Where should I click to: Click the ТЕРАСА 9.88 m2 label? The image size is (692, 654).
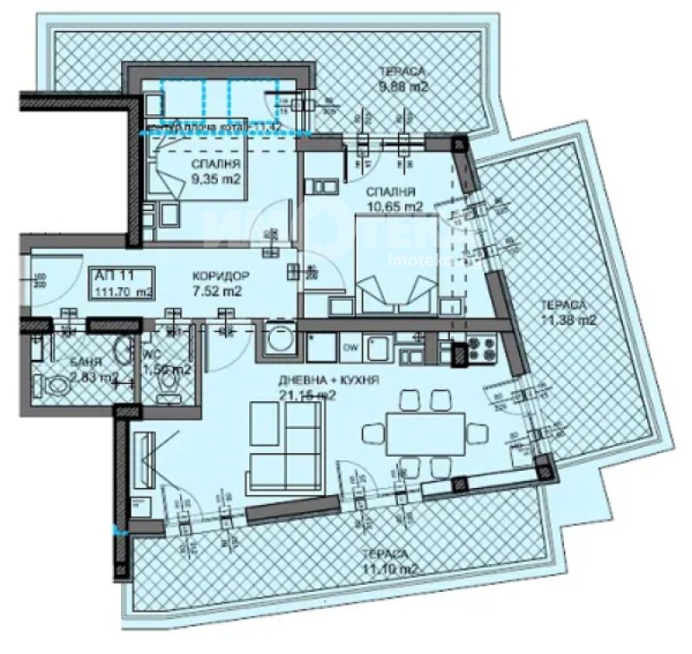click(x=404, y=79)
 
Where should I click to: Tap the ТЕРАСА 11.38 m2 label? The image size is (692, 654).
click(x=567, y=312)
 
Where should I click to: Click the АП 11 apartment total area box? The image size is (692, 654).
click(x=122, y=283)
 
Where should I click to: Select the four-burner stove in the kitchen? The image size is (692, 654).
click(x=477, y=350)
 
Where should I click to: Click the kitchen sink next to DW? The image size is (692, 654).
click(x=379, y=349)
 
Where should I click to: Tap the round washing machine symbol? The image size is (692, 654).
click(x=279, y=340)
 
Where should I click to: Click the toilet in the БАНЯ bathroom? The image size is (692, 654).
click(x=58, y=384)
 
